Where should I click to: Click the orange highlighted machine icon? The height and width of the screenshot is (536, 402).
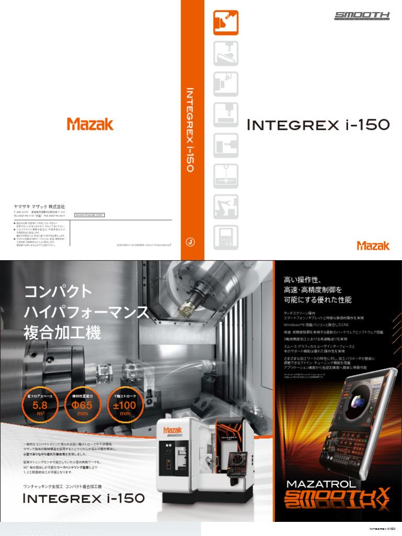(226, 23)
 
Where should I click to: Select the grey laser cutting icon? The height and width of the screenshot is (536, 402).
(226, 176)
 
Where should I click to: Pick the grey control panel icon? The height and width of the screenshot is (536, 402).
(226, 237)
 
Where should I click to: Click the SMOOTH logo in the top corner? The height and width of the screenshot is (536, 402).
(362, 16)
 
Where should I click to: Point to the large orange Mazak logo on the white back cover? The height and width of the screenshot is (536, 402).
(90, 124)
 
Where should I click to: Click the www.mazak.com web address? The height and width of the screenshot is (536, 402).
(90, 215)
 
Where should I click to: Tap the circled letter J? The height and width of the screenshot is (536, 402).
(191, 242)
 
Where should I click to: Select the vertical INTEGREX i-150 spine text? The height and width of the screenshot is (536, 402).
(191, 129)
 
